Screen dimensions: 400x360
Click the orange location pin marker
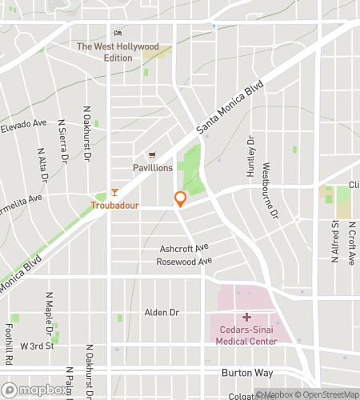[181, 199]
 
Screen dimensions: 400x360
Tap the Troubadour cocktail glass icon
[114, 192]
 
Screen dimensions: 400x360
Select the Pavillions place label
[152, 168]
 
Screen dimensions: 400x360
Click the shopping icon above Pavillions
[150, 155]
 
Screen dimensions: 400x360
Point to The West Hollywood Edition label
[117, 47]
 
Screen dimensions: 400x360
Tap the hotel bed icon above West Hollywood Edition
[117, 34]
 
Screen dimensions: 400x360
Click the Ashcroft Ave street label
[183, 247]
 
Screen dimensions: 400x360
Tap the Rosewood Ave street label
[185, 262]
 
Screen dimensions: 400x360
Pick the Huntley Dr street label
[250, 155]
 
